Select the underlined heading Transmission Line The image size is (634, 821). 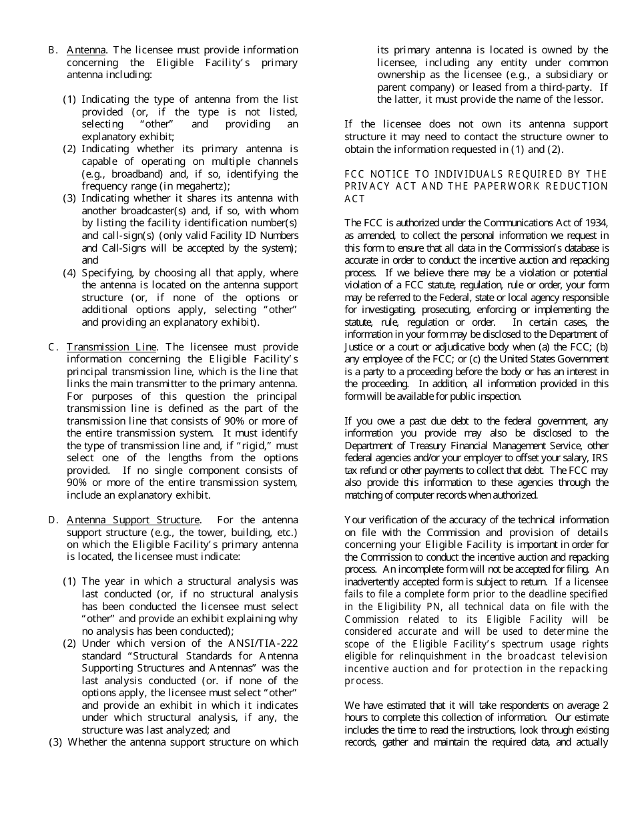pyautogui.click(x=111, y=347)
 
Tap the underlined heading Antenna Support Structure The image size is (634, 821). pyautogui.click(x=133, y=520)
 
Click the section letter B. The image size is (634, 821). pyautogui.click(x=52, y=50)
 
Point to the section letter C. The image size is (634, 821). pyautogui.click(x=52, y=347)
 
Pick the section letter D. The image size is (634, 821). pyautogui.click(x=52, y=520)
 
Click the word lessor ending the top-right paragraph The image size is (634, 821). pyautogui.click(x=585, y=99)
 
